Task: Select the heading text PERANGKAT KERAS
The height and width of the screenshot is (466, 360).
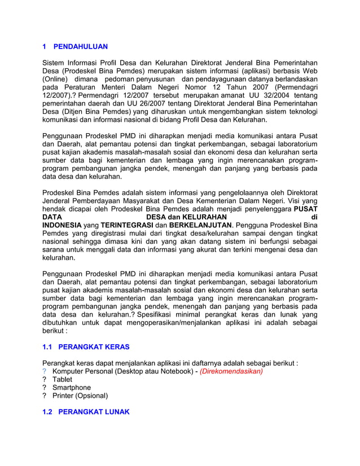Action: (94, 346)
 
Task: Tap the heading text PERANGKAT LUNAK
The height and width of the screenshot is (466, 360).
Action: (94, 412)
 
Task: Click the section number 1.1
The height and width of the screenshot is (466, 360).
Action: (49, 346)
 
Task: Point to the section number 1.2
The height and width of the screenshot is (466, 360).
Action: (49, 412)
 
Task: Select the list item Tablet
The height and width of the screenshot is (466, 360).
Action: (62, 380)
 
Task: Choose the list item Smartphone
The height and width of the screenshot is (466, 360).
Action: (72, 388)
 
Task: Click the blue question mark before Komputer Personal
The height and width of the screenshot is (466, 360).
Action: (45, 371)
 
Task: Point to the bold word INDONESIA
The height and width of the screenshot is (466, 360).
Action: (62, 225)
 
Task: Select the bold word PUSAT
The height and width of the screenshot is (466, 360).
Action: (305, 209)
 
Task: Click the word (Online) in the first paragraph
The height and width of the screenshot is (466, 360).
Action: (56, 80)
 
